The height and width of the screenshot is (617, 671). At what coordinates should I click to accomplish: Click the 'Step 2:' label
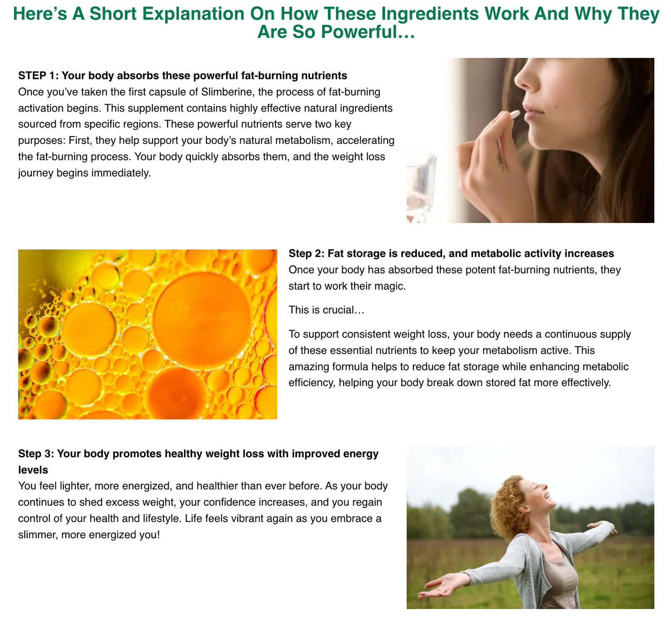click(x=307, y=254)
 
